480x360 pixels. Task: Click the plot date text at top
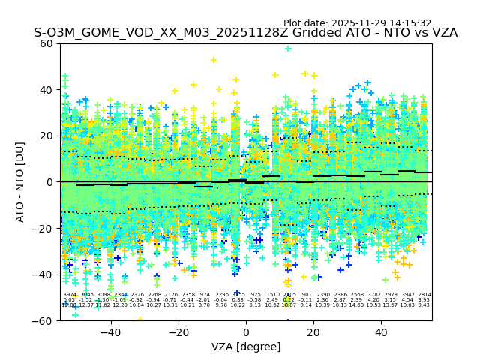coord(357,23)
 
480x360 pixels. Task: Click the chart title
coord(245,34)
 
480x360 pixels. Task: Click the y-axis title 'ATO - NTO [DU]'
coord(21,181)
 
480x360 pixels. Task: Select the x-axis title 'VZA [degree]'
coord(246,346)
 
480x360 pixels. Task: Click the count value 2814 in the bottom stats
coord(424,295)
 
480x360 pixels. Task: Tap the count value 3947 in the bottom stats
coord(407,295)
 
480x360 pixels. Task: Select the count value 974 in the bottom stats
coord(205,295)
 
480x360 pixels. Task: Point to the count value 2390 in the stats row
coord(323,295)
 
